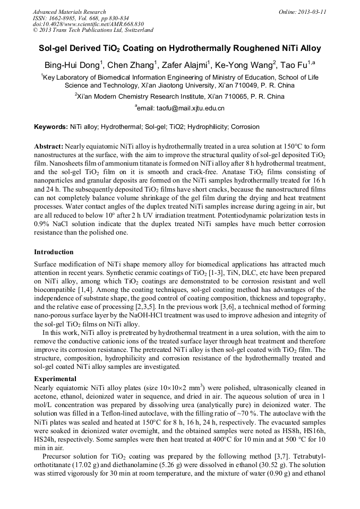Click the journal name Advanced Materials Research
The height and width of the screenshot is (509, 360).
coord(69,12)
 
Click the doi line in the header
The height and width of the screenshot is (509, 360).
coord(80,24)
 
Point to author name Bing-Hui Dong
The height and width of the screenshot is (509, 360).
coord(72,65)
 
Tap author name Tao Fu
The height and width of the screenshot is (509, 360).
coord(295,65)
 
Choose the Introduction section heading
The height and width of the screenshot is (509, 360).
coord(54,252)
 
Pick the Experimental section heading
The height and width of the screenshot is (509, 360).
coord(55,379)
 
